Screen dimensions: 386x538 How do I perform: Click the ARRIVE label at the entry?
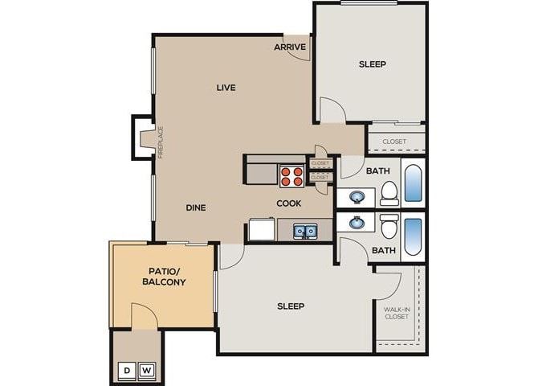289,47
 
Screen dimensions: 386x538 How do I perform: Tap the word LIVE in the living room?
226,87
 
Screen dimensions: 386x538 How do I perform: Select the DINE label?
196,207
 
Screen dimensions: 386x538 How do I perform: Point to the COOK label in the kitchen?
289,203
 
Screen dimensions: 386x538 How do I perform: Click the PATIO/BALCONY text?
164,277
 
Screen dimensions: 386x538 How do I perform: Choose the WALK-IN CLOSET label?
396,312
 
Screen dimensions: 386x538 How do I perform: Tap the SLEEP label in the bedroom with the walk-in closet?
291,306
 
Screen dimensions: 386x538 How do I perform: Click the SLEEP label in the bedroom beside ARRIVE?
372,64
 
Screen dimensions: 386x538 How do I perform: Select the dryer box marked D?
127,371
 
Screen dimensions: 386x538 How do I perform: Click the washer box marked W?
147,371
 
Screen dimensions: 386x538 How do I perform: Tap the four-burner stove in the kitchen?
291,176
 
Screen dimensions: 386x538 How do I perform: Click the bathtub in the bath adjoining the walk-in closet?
412,236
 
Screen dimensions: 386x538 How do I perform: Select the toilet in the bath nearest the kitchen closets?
389,192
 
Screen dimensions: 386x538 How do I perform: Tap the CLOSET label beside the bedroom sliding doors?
394,142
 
